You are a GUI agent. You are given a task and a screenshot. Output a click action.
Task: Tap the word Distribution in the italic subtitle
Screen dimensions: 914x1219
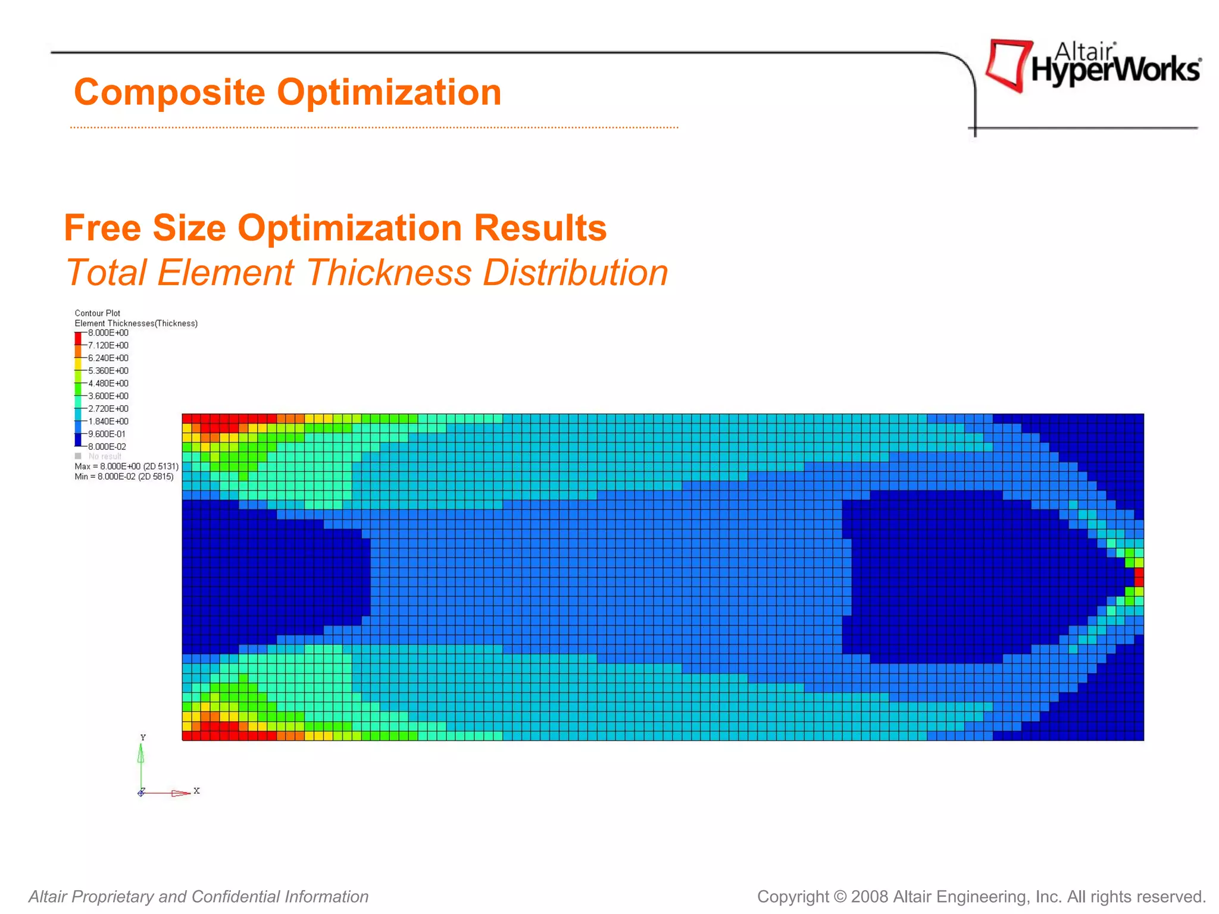[x=575, y=273]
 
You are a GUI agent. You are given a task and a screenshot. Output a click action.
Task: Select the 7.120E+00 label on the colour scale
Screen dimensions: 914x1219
[x=108, y=346]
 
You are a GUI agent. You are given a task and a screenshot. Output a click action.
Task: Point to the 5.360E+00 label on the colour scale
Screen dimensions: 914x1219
[x=108, y=371]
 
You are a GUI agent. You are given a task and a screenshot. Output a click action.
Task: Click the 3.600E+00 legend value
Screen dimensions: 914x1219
[x=108, y=396]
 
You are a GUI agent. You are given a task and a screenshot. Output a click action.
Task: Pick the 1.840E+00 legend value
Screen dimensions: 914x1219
[x=108, y=421]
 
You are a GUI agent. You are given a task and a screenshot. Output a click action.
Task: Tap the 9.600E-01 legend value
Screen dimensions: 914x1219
[x=107, y=434]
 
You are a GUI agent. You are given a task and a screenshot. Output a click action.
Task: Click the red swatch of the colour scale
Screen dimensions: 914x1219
[x=78, y=338]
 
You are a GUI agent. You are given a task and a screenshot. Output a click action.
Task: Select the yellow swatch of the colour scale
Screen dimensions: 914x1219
[x=78, y=363]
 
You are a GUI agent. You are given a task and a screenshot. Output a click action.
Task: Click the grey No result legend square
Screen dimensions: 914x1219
[x=78, y=456]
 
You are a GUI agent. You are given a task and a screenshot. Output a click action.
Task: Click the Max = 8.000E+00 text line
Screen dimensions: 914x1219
[x=126, y=467]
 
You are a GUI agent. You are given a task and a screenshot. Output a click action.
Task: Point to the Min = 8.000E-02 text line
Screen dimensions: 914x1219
[x=124, y=477]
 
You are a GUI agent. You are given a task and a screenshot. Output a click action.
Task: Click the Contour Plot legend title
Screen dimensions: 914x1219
[x=97, y=313]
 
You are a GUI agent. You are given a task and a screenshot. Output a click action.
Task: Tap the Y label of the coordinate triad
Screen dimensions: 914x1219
[x=143, y=738]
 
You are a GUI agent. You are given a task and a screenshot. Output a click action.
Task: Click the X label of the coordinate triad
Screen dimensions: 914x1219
[x=196, y=791]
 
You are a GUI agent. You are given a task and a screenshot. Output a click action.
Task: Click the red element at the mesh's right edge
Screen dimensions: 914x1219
[x=1139, y=577]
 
